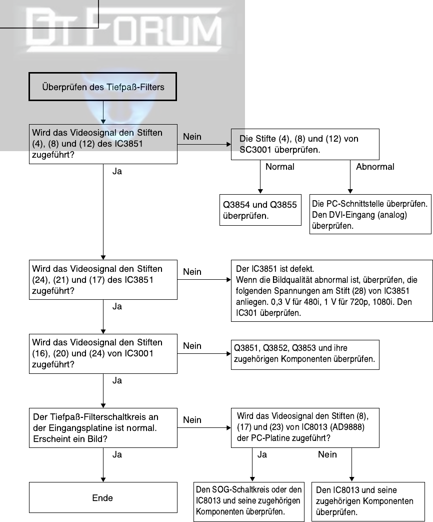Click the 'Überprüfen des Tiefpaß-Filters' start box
102,87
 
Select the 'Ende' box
103,497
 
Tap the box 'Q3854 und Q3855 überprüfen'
260,210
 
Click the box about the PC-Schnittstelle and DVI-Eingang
370,214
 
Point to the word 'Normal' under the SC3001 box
279,167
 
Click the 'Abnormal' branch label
375,167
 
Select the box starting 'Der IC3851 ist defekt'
332,291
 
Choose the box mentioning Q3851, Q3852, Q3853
305,354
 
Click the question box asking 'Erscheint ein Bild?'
103,428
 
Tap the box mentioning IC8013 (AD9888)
305,428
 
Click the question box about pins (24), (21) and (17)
103,280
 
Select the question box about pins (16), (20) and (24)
103,353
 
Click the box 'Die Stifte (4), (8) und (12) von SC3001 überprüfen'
305,144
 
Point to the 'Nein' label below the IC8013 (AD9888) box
327,454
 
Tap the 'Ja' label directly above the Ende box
117,454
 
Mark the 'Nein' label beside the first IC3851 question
192,137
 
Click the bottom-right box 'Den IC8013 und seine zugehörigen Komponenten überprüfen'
368,501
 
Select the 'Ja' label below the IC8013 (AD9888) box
262,454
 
